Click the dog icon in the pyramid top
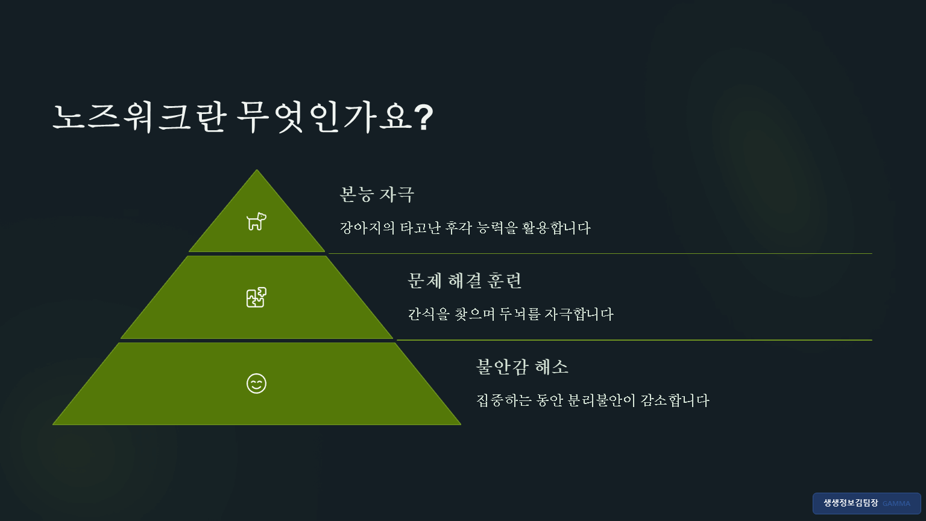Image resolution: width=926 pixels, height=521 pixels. click(x=256, y=221)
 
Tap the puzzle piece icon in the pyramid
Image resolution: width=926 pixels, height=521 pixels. click(x=256, y=297)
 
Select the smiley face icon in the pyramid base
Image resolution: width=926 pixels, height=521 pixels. click(x=256, y=384)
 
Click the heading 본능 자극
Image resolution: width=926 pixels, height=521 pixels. click(x=377, y=195)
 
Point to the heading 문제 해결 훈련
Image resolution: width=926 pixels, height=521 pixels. click(x=464, y=281)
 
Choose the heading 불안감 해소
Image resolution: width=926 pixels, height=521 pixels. click(x=522, y=367)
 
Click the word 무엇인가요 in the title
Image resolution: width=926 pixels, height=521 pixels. click(x=324, y=117)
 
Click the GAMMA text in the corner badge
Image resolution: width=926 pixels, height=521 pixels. click(x=896, y=504)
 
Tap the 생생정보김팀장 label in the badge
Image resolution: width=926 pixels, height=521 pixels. click(x=851, y=503)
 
